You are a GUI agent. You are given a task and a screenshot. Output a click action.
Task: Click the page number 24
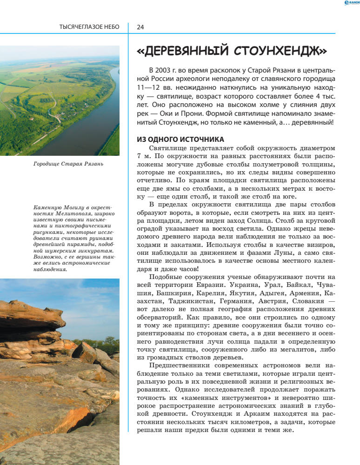click(140, 27)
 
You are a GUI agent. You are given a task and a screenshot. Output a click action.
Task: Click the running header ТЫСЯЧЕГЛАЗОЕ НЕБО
click(89, 27)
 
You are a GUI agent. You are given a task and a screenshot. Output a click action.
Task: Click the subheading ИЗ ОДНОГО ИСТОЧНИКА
click(180, 139)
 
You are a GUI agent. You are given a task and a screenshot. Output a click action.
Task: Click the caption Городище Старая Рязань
click(68, 164)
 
